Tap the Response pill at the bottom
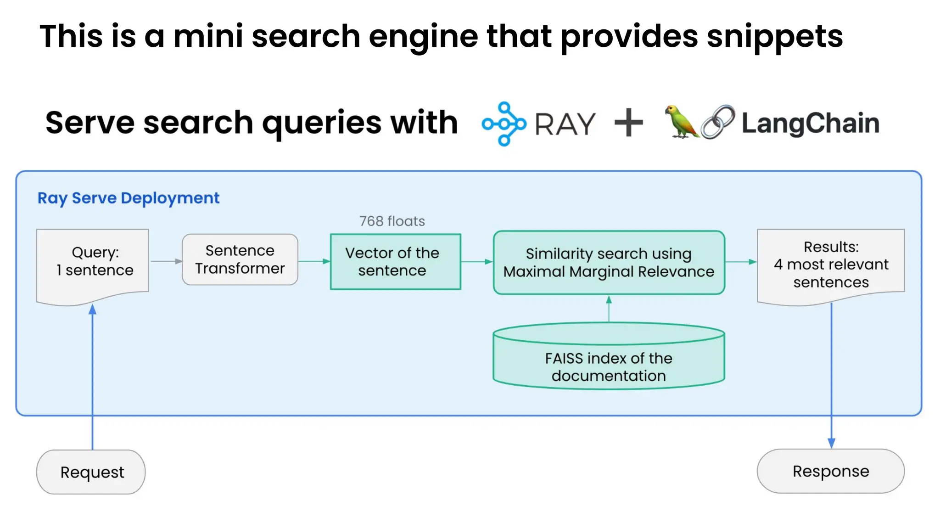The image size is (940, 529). pos(830,471)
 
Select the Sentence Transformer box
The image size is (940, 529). pos(240,259)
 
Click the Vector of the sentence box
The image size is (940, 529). pos(395,262)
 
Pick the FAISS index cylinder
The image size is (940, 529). pos(609,358)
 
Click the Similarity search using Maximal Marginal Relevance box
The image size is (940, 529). pos(609,263)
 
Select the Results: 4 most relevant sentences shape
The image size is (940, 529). pos(830,264)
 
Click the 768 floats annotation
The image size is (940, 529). pos(392,221)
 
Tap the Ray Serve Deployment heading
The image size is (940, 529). pos(128,198)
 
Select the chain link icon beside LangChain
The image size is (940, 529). pos(717,122)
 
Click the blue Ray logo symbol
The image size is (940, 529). pos(504,124)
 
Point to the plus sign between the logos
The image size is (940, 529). pos(628,123)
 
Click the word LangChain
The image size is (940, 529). pos(810,123)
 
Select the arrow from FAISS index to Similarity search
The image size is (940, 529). pos(609,309)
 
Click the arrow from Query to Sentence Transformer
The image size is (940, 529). pos(166,261)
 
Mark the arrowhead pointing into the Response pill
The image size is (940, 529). pos(831,443)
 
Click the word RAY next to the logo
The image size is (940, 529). pos(565,124)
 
